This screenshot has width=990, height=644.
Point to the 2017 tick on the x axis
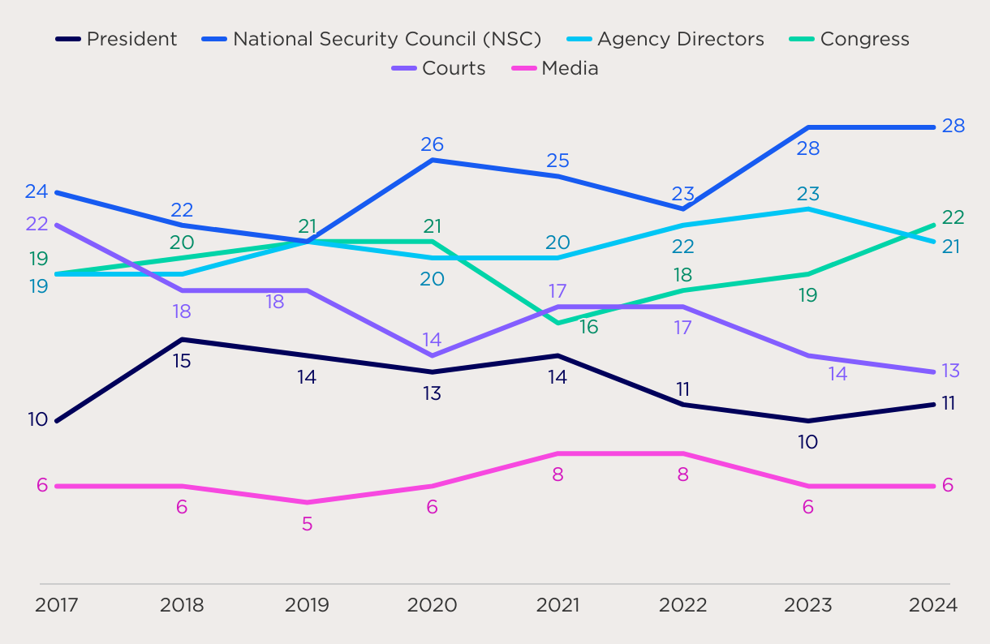[x=57, y=605]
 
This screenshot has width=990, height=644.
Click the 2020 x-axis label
[x=432, y=605]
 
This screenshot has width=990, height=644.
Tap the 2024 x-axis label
[x=933, y=605]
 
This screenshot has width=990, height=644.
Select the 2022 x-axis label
[x=682, y=605]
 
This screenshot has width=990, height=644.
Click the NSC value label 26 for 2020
[x=432, y=144]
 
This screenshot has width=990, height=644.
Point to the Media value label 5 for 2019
[x=307, y=524]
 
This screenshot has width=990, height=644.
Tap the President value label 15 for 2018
[x=182, y=361]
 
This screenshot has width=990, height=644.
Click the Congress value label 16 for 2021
[x=588, y=328]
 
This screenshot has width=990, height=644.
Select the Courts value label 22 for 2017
[x=37, y=224]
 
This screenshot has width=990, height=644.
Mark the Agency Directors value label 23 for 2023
[x=807, y=194]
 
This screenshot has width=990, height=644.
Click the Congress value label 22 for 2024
[x=953, y=217]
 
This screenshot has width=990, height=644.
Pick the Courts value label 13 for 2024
[x=950, y=371]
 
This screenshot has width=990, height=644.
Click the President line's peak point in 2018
[x=182, y=339]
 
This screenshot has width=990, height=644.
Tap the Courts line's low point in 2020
[x=432, y=355]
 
